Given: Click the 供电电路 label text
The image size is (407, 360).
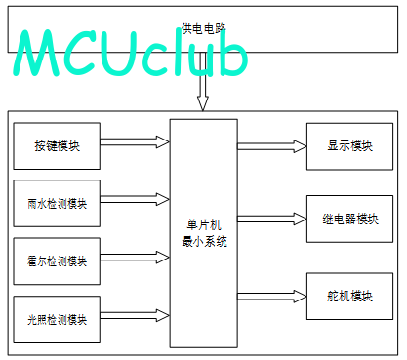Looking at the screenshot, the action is [x=203, y=28].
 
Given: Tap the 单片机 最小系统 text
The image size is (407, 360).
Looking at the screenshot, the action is [x=204, y=233].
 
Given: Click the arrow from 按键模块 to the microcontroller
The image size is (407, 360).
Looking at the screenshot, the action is [x=135, y=142].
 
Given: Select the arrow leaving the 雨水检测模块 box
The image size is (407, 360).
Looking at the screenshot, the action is [x=135, y=199].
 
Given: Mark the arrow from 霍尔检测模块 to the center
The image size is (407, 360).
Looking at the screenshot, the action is [x=135, y=258].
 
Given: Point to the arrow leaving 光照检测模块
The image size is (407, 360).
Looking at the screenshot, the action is [x=135, y=315].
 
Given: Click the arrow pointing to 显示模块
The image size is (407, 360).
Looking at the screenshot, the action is [x=272, y=146].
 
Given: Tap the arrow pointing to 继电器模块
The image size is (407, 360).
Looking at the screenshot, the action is [x=272, y=219].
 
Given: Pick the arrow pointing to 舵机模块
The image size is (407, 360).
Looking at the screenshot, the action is [x=272, y=297].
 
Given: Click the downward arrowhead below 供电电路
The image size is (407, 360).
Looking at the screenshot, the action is [x=203, y=103].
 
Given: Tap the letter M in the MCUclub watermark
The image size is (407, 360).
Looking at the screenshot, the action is [x=36, y=53].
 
